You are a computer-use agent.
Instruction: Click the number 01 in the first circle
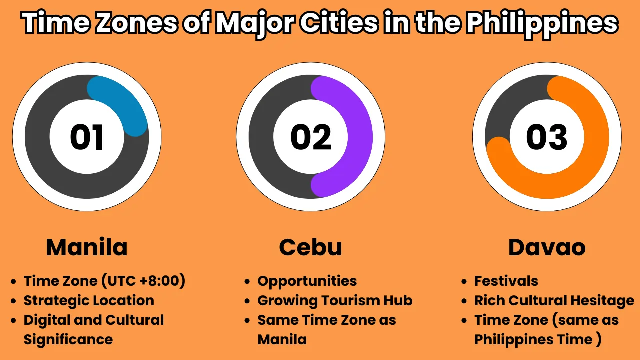point(86,137)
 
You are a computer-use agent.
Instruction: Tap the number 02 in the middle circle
point(311,137)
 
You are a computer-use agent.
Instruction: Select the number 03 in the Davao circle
point(547,137)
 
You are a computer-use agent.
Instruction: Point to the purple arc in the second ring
point(360,137)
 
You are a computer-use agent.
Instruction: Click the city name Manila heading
point(87,247)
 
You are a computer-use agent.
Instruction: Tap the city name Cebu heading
point(310,247)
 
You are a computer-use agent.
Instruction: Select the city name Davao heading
point(547,247)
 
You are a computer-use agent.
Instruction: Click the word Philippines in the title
point(542,24)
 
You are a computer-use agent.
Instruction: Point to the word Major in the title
point(254,24)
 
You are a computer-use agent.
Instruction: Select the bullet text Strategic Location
point(89,301)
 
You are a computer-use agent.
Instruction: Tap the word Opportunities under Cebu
point(307,281)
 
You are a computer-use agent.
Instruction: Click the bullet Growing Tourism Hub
point(335,301)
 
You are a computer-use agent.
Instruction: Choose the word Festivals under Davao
point(506,281)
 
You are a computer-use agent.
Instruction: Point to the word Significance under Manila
point(68,340)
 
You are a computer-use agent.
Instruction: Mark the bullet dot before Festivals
point(464,281)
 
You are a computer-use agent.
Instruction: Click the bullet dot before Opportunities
point(247,281)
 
